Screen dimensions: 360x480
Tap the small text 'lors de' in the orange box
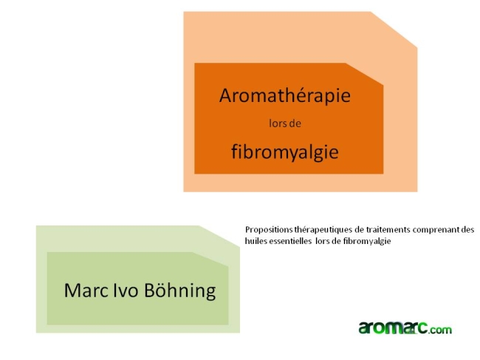pos(284,124)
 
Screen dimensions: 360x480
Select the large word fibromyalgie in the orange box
pos(284,152)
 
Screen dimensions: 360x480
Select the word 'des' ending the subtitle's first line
pos(467,230)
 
